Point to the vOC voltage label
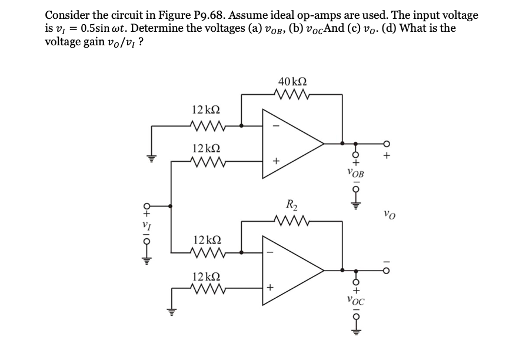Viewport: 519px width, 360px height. click(356, 299)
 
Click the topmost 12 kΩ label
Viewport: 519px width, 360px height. click(207, 110)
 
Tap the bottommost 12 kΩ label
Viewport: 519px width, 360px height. click(207, 276)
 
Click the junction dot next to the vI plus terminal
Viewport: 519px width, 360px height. click(171, 206)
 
